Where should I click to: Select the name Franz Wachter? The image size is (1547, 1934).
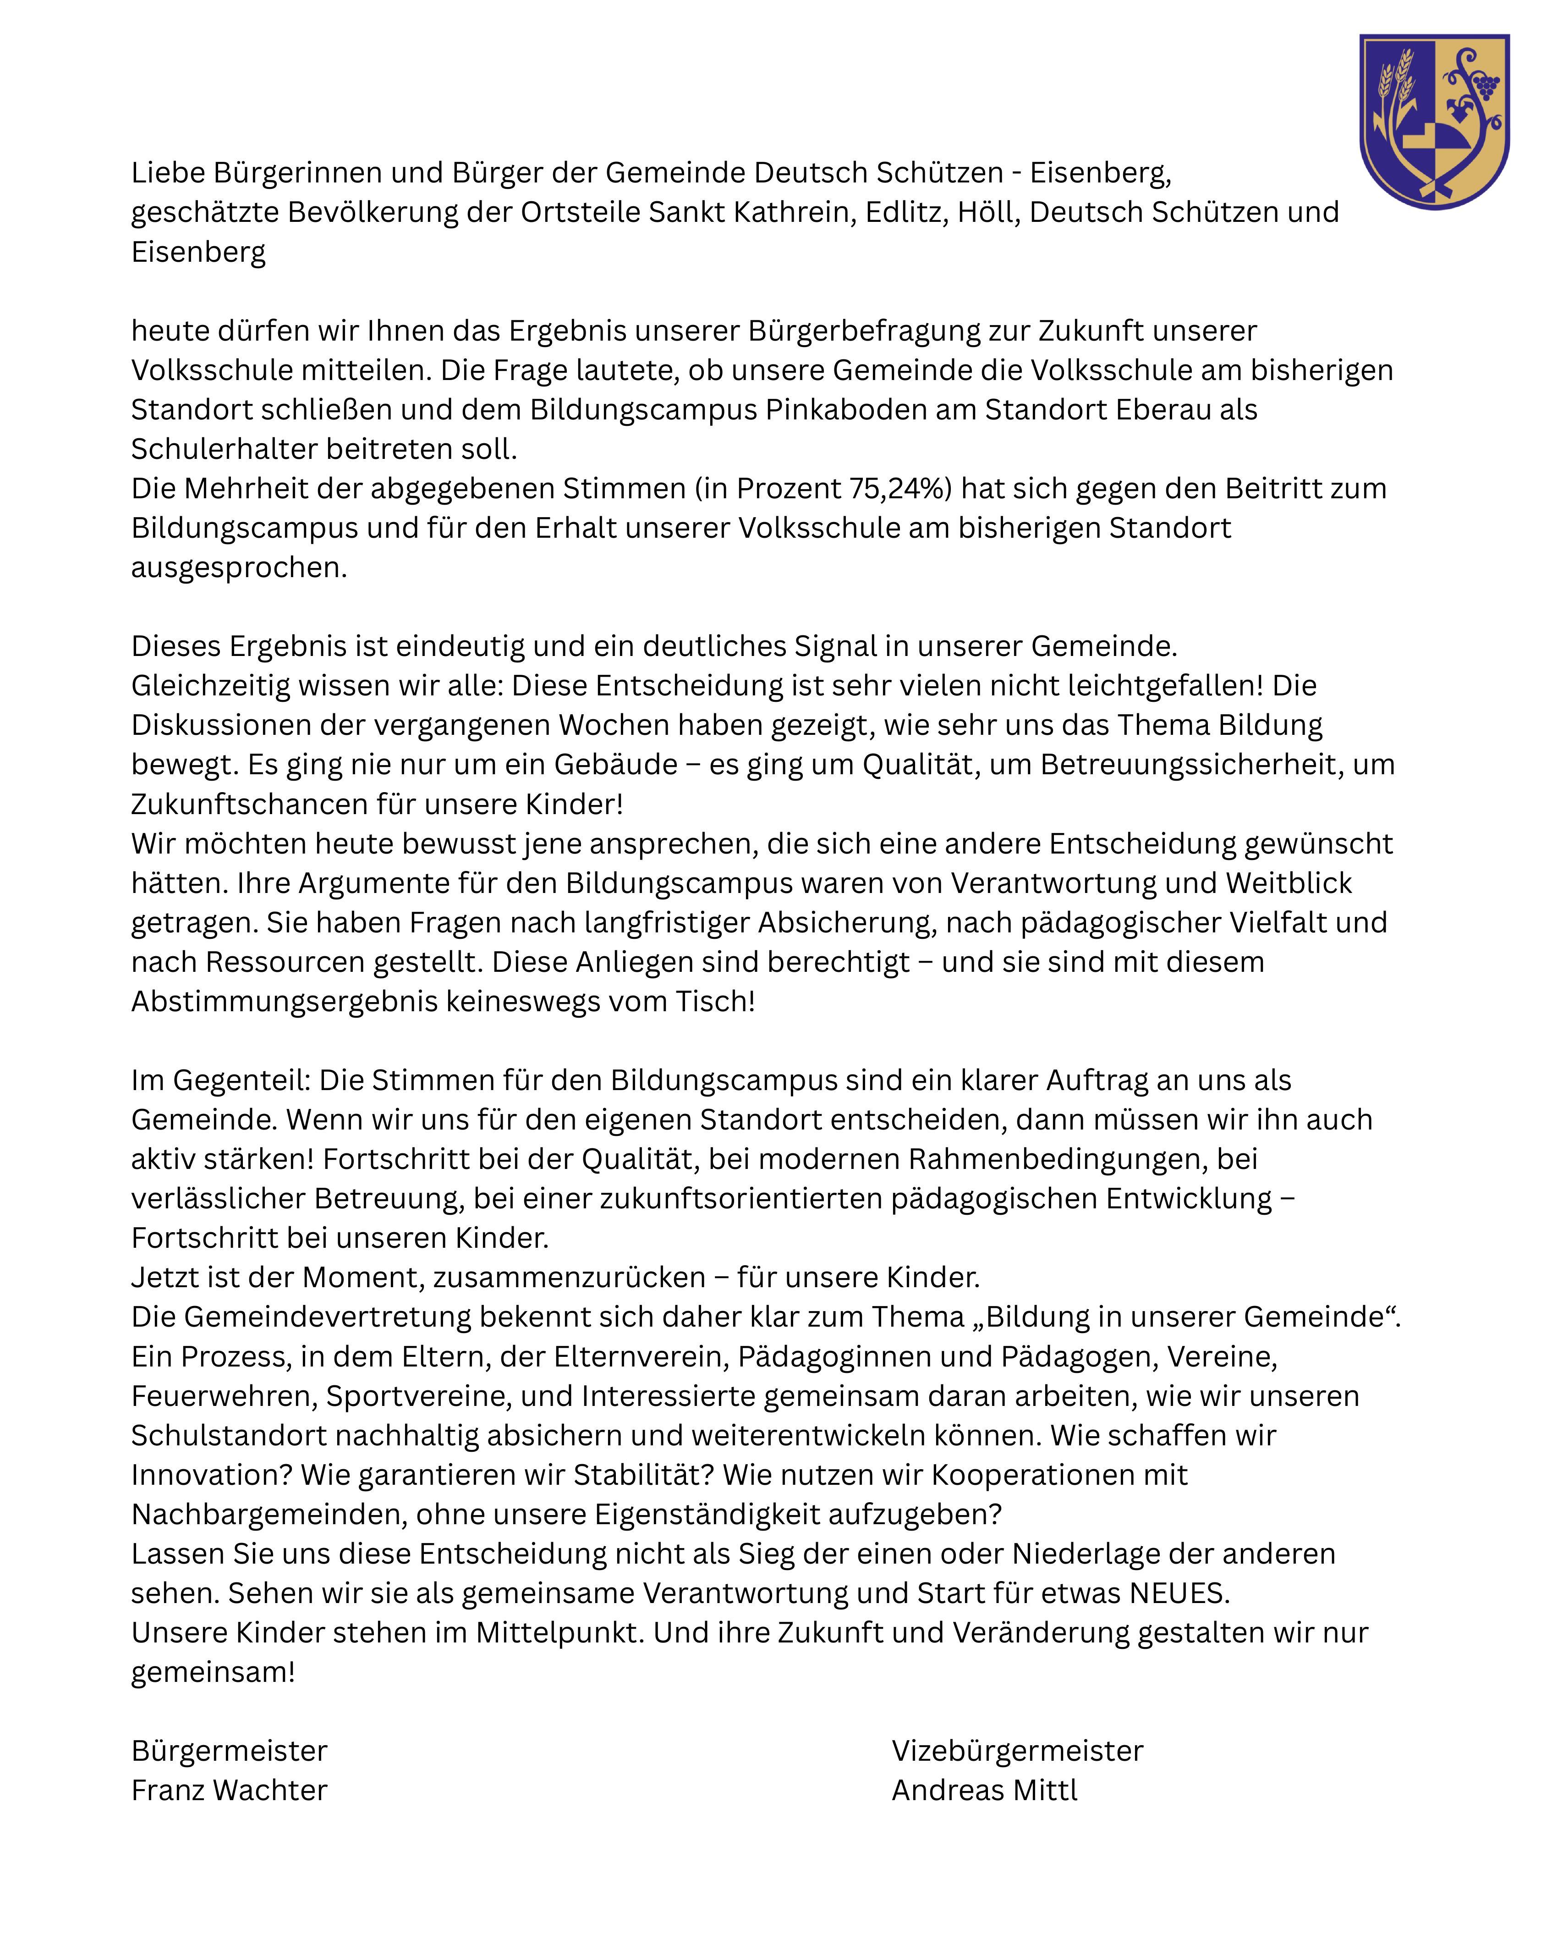230,1790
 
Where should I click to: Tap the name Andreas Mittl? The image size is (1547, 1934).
984,1790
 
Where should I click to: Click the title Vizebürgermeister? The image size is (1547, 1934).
1017,1750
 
